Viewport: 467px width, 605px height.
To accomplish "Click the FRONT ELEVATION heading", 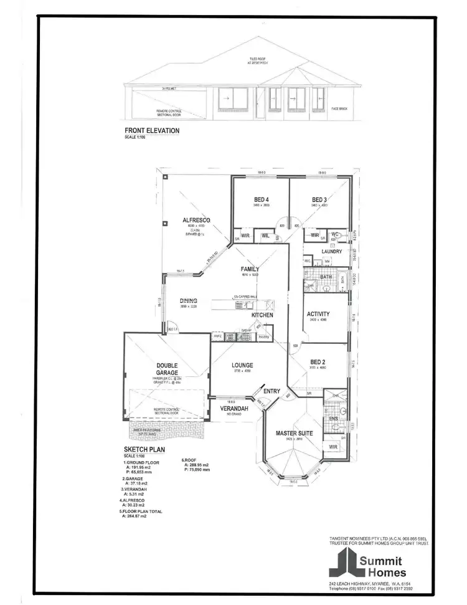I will (x=152, y=131).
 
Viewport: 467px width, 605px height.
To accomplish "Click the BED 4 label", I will (x=261, y=199).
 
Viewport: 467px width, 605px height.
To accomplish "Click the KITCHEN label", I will (x=263, y=315).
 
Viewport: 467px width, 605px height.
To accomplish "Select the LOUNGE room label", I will (x=242, y=366).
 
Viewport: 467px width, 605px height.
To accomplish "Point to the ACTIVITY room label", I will (x=318, y=314).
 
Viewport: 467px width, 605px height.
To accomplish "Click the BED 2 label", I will (x=318, y=362).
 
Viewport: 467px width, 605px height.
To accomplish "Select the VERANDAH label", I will (x=234, y=409).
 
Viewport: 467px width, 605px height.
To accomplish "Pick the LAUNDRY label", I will (x=332, y=252).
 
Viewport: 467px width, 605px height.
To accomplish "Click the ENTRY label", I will (x=272, y=391).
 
